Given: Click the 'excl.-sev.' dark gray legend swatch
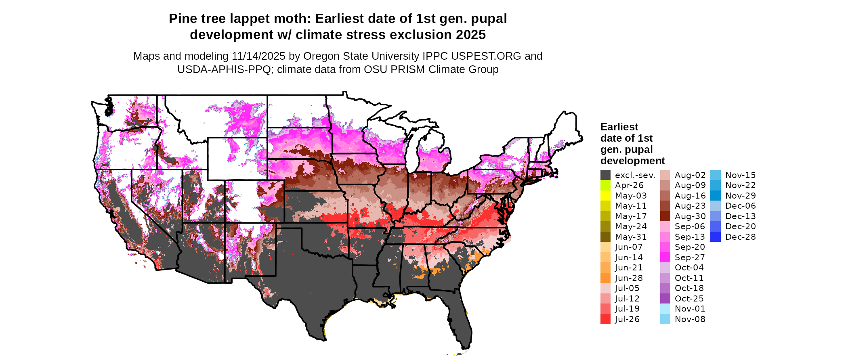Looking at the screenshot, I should click(x=605, y=175).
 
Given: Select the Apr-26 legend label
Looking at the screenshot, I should click(x=629, y=185).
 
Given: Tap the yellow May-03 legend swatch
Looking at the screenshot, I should click(x=605, y=196).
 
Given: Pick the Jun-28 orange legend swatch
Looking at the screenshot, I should click(x=605, y=278).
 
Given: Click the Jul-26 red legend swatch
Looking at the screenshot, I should click(x=605, y=319).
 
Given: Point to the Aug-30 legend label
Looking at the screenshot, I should click(x=690, y=216).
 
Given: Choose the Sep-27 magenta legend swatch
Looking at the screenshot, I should click(x=665, y=257).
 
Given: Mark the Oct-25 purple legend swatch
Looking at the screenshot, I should click(x=665, y=299).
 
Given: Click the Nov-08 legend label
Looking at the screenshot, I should click(x=690, y=319).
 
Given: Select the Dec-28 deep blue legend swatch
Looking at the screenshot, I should click(x=716, y=237).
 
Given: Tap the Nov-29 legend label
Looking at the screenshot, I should click(x=741, y=196).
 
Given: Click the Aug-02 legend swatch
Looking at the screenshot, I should click(x=665, y=175).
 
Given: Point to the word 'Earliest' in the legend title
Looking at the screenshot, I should click(x=619, y=127).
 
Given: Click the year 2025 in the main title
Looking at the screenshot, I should click(x=471, y=35).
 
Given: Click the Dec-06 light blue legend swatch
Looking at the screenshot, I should click(x=716, y=206).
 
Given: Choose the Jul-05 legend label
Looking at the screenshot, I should click(x=627, y=288).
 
